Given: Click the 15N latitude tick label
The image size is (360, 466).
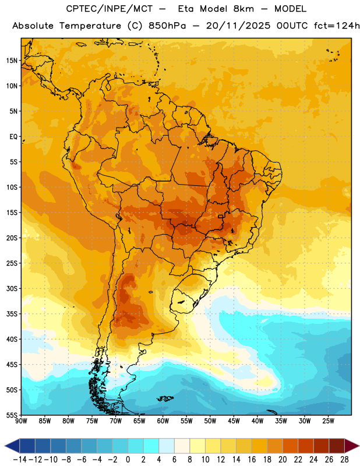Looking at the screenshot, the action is (x=12, y=61).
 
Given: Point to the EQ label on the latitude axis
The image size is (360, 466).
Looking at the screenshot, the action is (x=13, y=137).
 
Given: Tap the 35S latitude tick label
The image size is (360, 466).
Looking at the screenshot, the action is (x=12, y=314).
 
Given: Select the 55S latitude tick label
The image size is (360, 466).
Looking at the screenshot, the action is (x=12, y=415).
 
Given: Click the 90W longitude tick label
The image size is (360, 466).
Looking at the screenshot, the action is (x=21, y=421).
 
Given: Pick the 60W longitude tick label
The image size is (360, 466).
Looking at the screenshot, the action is (x=163, y=421).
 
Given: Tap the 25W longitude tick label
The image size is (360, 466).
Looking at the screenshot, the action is (x=328, y=421).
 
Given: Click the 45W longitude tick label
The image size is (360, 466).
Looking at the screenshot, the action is (x=234, y=421).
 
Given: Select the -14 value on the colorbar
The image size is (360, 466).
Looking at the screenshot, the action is (x=20, y=460).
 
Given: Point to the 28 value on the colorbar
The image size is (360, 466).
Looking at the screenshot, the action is (x=344, y=460).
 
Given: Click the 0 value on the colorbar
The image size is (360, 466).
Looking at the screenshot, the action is (x=128, y=460).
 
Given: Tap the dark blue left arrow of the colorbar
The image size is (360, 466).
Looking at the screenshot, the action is (x=12, y=446).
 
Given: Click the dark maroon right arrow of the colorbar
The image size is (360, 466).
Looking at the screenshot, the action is (x=352, y=446).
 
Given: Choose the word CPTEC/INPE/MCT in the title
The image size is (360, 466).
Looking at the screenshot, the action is (x=109, y=9).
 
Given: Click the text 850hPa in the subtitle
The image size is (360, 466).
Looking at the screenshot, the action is (x=167, y=26).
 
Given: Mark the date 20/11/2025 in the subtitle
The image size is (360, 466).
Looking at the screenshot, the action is (x=238, y=26).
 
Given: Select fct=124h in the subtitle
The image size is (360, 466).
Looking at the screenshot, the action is (x=337, y=26).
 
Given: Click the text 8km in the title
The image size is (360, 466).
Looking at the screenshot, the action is (x=243, y=9).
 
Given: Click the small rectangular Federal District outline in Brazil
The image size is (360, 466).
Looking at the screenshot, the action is (x=221, y=216).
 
